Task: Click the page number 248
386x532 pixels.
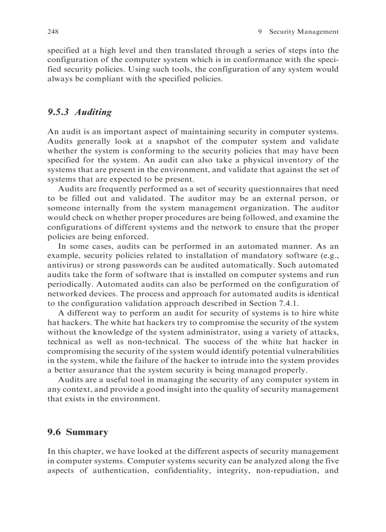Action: (53, 32)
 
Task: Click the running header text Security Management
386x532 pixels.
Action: (304, 32)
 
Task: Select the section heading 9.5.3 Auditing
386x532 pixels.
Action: (79, 112)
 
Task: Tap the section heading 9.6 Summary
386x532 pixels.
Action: (78, 432)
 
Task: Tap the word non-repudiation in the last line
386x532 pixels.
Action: (281, 472)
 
